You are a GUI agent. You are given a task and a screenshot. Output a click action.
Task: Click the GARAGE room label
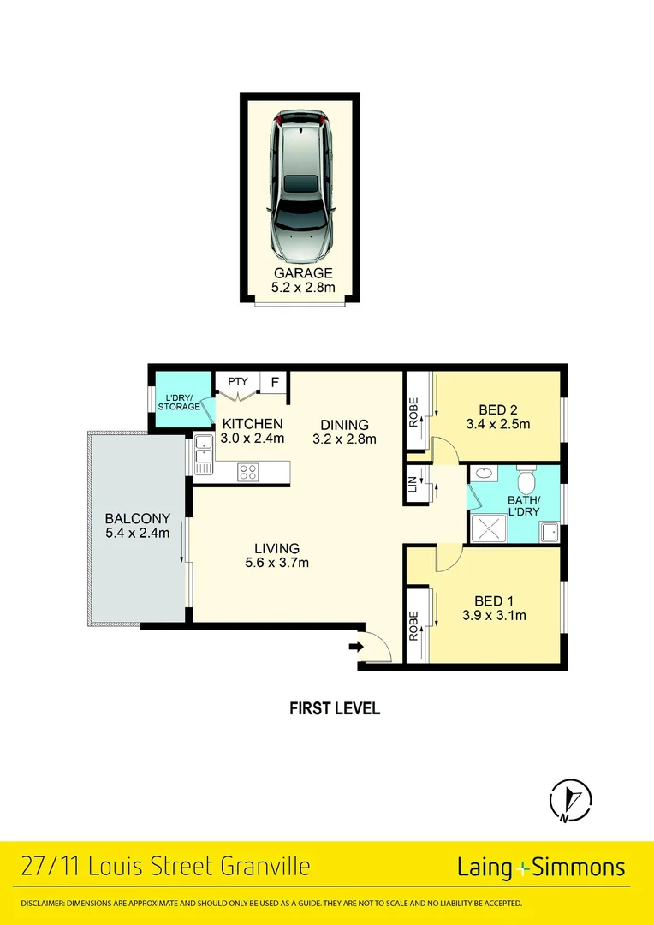(x=299, y=274)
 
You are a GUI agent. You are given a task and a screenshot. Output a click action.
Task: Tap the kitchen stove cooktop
(x=249, y=470)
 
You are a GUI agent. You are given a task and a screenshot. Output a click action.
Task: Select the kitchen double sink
(x=204, y=455)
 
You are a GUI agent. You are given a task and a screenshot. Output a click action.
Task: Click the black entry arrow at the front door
(x=355, y=648)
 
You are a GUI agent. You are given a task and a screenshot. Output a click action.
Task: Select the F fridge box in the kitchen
(x=276, y=382)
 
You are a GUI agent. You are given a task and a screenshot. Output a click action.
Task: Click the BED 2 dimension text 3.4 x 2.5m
(x=497, y=423)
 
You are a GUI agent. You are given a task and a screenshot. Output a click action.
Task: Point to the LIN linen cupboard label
(x=413, y=486)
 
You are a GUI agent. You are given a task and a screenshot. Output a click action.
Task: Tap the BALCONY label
(x=138, y=518)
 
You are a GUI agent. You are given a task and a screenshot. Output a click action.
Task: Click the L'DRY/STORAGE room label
(x=181, y=401)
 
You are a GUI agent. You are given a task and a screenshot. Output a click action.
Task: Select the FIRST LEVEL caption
(x=334, y=708)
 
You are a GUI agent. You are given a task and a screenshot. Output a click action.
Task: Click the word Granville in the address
(x=259, y=868)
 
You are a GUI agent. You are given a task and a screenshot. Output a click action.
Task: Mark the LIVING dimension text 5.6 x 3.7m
(x=276, y=563)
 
